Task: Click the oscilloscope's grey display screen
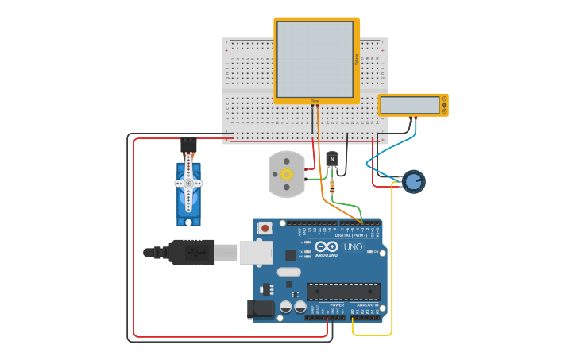315,60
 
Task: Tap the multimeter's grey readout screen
409,105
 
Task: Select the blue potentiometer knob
413,181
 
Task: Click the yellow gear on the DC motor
287,173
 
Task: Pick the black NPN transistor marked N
332,159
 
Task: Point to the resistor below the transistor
332,186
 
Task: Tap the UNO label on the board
353,246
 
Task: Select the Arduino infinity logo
327,246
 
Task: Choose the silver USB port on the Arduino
256,253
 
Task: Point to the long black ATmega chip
343,292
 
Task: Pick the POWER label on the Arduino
337,304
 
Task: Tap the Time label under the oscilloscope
315,101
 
